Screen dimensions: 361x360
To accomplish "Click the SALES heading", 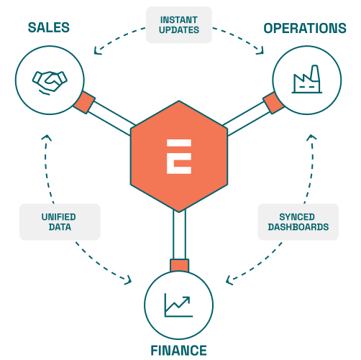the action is click(x=49, y=27).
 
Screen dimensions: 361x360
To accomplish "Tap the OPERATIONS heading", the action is click(x=305, y=28).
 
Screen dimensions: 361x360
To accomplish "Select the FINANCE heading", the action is click(x=178, y=351).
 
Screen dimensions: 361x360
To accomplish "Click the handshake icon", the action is click(x=50, y=83).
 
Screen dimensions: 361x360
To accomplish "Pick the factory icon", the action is click(x=307, y=79).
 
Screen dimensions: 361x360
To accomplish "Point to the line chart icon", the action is click(x=178, y=305).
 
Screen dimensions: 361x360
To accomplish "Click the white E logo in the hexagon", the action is click(x=179, y=157).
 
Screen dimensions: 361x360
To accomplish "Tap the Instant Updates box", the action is click(x=179, y=25).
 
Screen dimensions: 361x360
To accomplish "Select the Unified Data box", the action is click(x=60, y=222).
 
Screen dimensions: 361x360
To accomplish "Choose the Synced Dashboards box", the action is click(x=298, y=222).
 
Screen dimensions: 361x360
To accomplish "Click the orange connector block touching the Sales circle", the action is click(x=84, y=102).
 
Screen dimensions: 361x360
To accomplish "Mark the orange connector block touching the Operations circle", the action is click(x=273, y=103).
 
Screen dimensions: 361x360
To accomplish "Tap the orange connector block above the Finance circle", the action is click(x=179, y=266).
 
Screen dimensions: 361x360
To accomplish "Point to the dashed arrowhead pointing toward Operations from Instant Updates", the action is click(x=260, y=50).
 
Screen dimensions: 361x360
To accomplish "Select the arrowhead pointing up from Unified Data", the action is click(x=47, y=138).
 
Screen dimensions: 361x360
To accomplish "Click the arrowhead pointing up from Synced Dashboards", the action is click(x=311, y=137).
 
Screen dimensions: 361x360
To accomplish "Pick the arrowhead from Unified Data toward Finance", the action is click(x=129, y=281).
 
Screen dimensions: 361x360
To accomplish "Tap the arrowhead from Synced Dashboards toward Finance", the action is click(x=229, y=280).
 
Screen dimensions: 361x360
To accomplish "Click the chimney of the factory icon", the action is click(x=315, y=73).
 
